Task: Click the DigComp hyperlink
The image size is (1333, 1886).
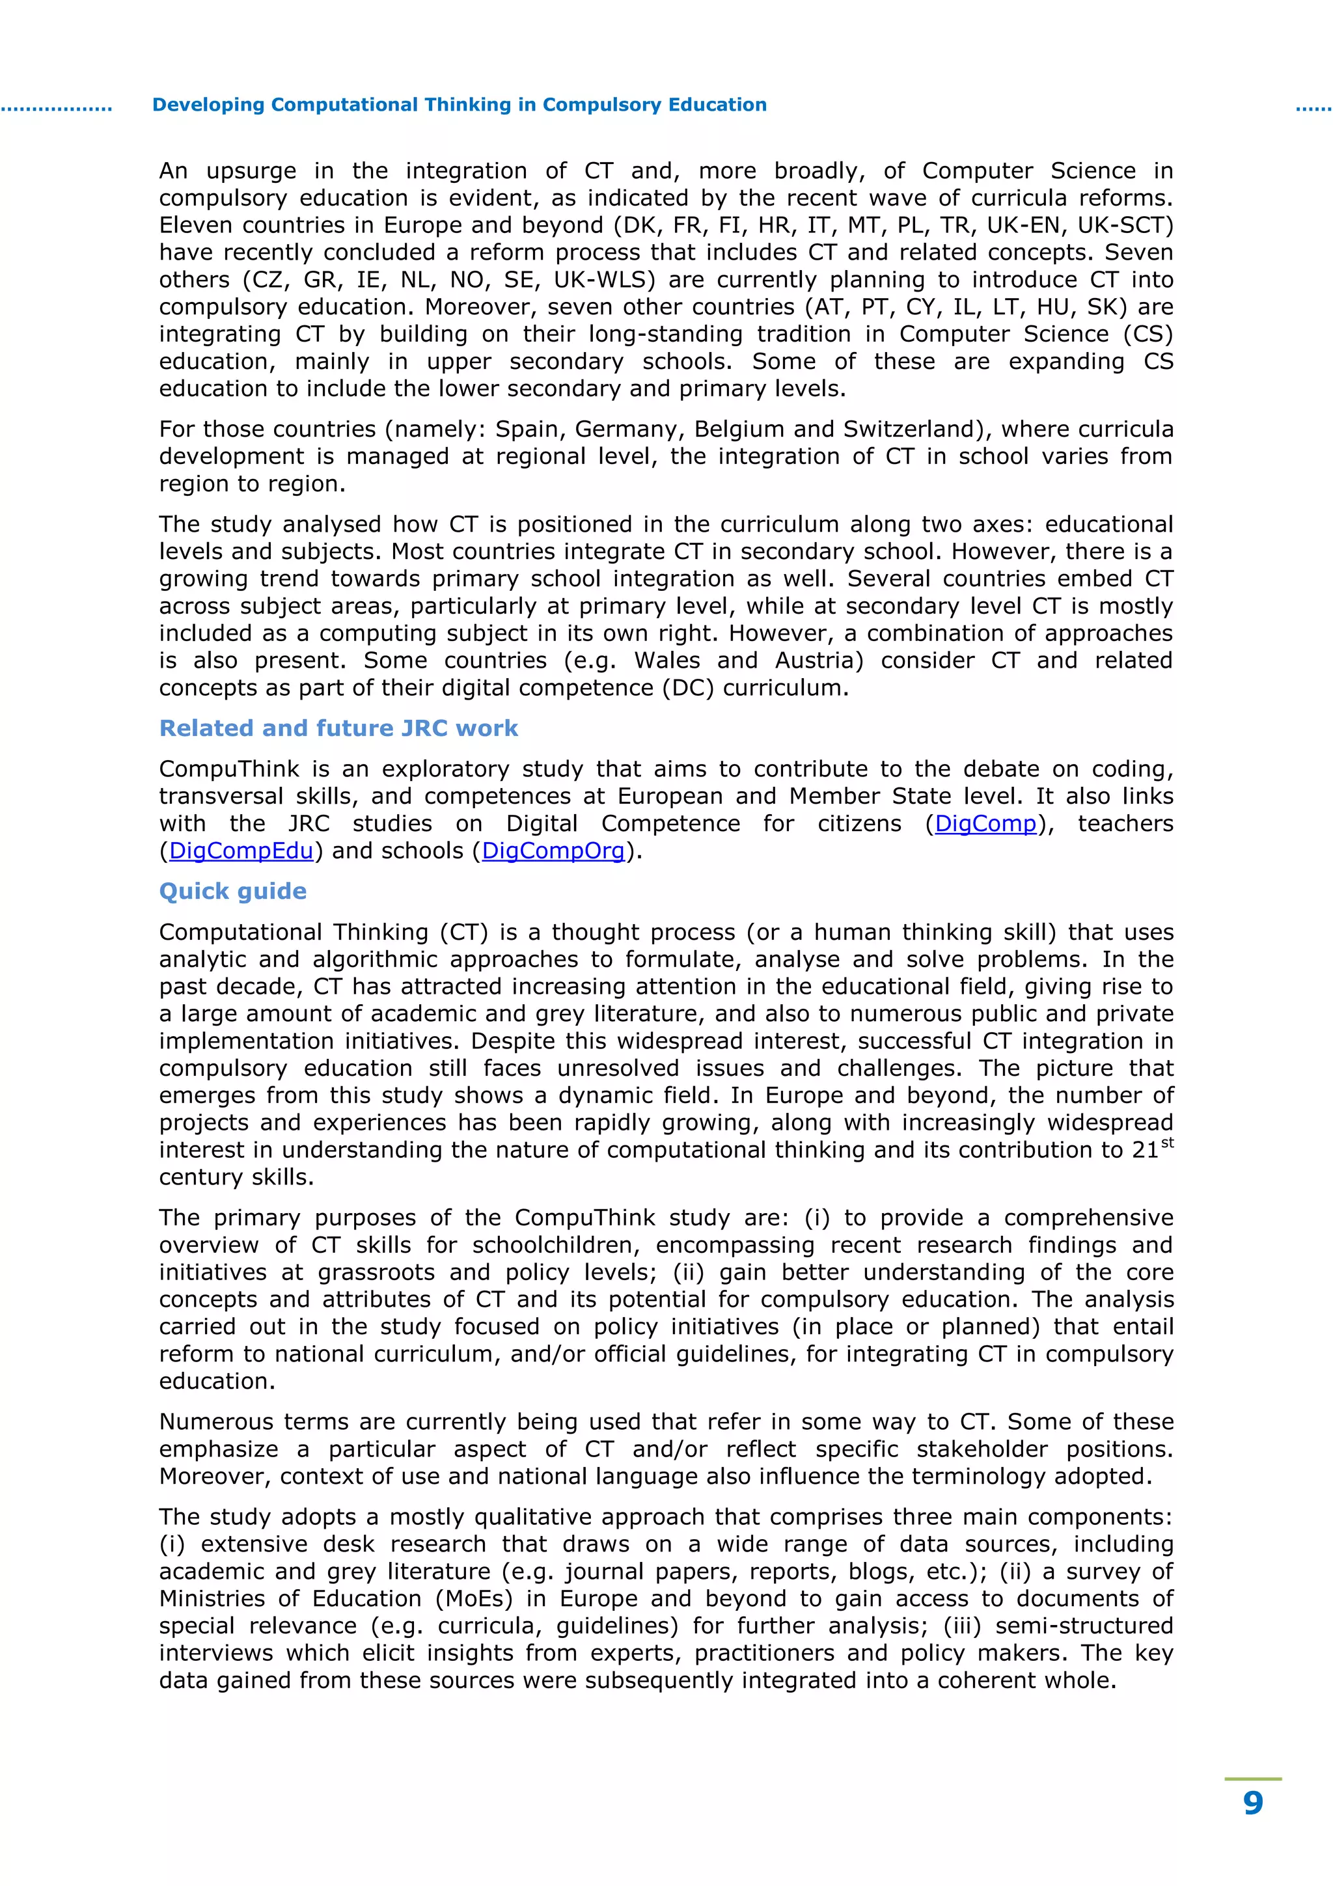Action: (985, 824)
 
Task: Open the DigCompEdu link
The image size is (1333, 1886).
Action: (241, 851)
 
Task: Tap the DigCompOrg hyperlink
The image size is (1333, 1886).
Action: (553, 851)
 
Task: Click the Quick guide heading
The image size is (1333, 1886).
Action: (232, 891)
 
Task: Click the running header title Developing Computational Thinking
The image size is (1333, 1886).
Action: (459, 105)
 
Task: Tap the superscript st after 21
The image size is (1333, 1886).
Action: (1167, 1143)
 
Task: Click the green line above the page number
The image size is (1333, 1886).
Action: (1252, 1779)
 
